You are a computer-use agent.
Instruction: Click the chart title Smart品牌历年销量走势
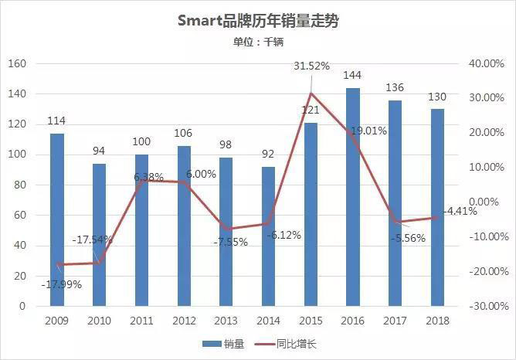coord(257,21)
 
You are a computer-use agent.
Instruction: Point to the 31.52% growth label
coord(311,66)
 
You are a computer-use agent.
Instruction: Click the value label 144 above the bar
coord(352,75)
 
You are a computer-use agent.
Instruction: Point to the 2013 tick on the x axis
coord(226,320)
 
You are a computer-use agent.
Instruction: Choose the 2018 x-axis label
coord(436,320)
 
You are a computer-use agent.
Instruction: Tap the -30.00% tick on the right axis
coord(486,307)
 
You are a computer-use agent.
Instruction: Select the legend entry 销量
coord(219,344)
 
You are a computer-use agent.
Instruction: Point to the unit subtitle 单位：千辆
coord(257,43)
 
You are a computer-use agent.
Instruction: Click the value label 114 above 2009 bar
coord(56,121)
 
